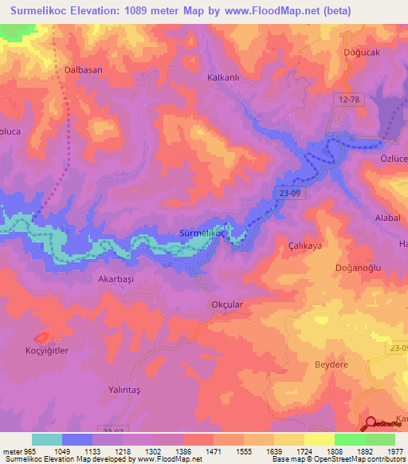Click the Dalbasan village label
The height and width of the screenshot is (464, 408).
83,70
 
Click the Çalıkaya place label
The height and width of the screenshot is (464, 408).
304,246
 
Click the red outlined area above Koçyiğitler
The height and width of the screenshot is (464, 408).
42,338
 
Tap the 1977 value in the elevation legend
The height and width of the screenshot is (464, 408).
395,451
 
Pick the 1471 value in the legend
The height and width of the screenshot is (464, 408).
214,451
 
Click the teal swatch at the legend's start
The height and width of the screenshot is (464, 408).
46,439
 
